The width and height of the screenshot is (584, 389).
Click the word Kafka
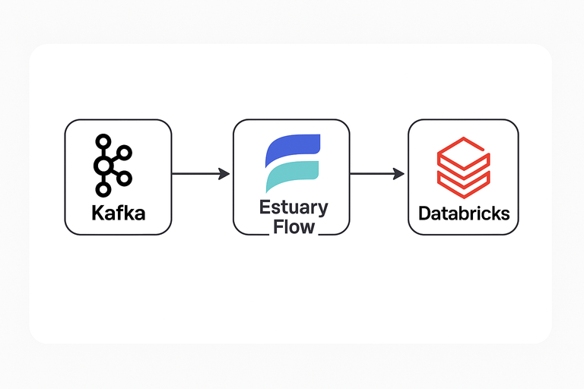pyautogui.click(x=118, y=213)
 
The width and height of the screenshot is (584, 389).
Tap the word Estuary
pyautogui.click(x=294, y=207)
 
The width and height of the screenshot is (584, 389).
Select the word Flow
pyautogui.click(x=294, y=226)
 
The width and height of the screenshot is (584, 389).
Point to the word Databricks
pyautogui.click(x=464, y=213)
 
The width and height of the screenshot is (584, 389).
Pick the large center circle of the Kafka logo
pyautogui.click(x=103, y=165)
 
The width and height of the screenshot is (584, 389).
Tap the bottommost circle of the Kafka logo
pyautogui.click(x=102, y=189)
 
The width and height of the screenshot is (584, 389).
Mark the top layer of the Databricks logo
pyautogui.click(x=464, y=148)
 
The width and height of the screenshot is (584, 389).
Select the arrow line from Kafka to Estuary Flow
pyautogui.click(x=195, y=174)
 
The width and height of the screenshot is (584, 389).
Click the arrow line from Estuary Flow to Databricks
pyautogui.click(x=373, y=174)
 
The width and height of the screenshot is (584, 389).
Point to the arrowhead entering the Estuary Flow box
pyautogui.click(x=224, y=174)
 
